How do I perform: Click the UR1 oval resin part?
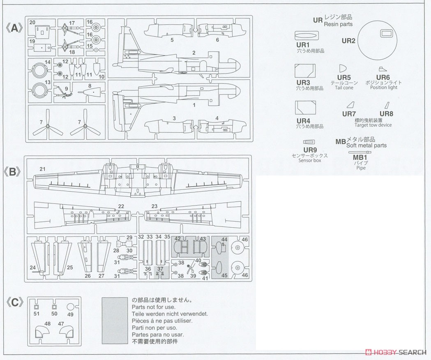(x=307, y=36)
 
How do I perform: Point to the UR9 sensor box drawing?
(x=309, y=142)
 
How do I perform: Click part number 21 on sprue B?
(x=42, y=169)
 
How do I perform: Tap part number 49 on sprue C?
(x=70, y=314)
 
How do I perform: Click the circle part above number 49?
(x=70, y=307)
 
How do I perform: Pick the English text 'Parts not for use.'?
(x=153, y=307)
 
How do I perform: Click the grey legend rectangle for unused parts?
(x=115, y=321)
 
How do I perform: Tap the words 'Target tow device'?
(x=373, y=125)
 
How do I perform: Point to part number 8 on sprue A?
(x=90, y=86)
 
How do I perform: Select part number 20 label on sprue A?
(x=32, y=22)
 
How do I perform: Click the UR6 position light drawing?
(x=382, y=69)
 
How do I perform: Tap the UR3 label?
(x=303, y=83)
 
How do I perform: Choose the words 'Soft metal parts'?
(x=366, y=145)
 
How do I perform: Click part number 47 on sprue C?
(x=61, y=324)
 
